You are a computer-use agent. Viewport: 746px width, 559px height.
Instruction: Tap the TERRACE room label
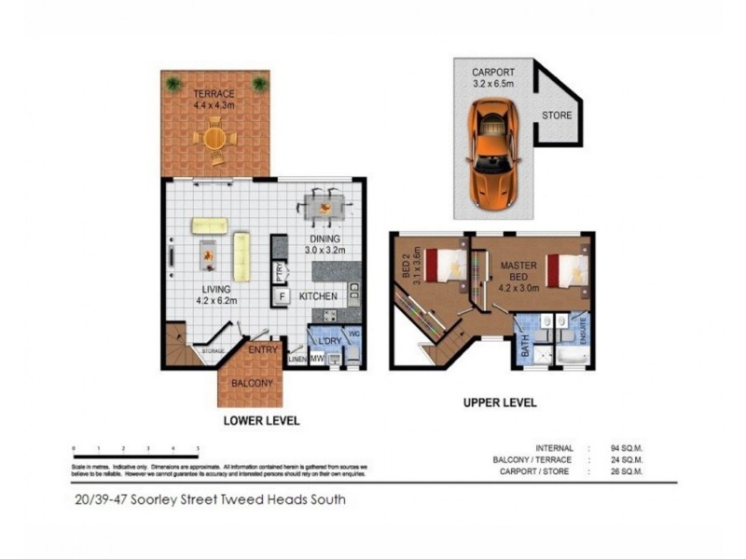pyautogui.click(x=214, y=94)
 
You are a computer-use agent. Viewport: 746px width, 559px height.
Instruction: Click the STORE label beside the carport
pyautogui.click(x=558, y=116)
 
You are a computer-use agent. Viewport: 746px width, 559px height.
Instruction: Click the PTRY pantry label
pyautogui.click(x=279, y=272)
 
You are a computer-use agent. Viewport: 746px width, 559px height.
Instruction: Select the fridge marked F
pyautogui.click(x=279, y=297)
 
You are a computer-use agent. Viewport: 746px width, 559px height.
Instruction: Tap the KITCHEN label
pyautogui.click(x=318, y=297)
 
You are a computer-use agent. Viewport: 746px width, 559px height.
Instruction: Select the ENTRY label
pyautogui.click(x=263, y=349)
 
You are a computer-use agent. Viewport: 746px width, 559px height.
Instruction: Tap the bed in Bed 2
pyautogui.click(x=446, y=264)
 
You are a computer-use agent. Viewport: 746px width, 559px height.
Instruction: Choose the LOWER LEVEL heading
pyautogui.click(x=261, y=421)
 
